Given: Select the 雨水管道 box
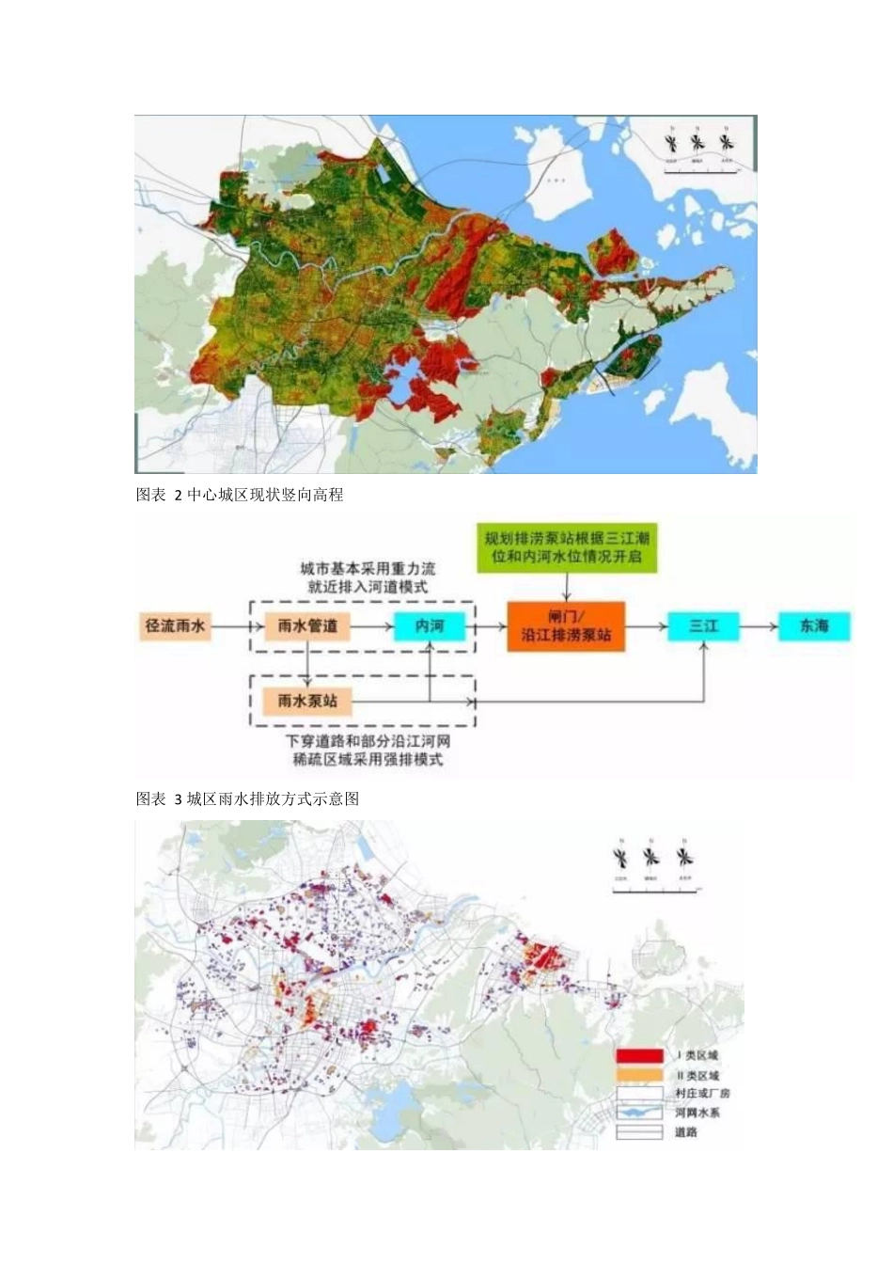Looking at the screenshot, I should (307, 625).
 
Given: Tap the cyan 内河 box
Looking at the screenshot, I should (430, 625).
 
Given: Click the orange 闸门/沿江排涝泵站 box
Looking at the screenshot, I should (566, 626).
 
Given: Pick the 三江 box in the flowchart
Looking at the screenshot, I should (703, 625).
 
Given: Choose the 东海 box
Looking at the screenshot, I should (814, 625).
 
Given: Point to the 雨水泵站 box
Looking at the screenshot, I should (307, 701).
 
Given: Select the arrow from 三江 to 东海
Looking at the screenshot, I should (759, 625).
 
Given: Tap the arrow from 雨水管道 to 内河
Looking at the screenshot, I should (371, 625).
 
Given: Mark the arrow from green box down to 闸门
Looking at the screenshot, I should (567, 587).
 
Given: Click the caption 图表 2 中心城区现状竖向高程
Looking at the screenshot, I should (241, 495).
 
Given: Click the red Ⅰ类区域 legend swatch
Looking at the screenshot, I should (639, 1056).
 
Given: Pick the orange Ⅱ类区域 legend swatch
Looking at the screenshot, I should (639, 1075).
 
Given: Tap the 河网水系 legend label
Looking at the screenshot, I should (697, 1113).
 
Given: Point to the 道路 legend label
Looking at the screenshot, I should (686, 1131).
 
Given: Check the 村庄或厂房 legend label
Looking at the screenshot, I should (702, 1094).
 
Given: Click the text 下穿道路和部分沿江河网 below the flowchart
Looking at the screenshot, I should (368, 741).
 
